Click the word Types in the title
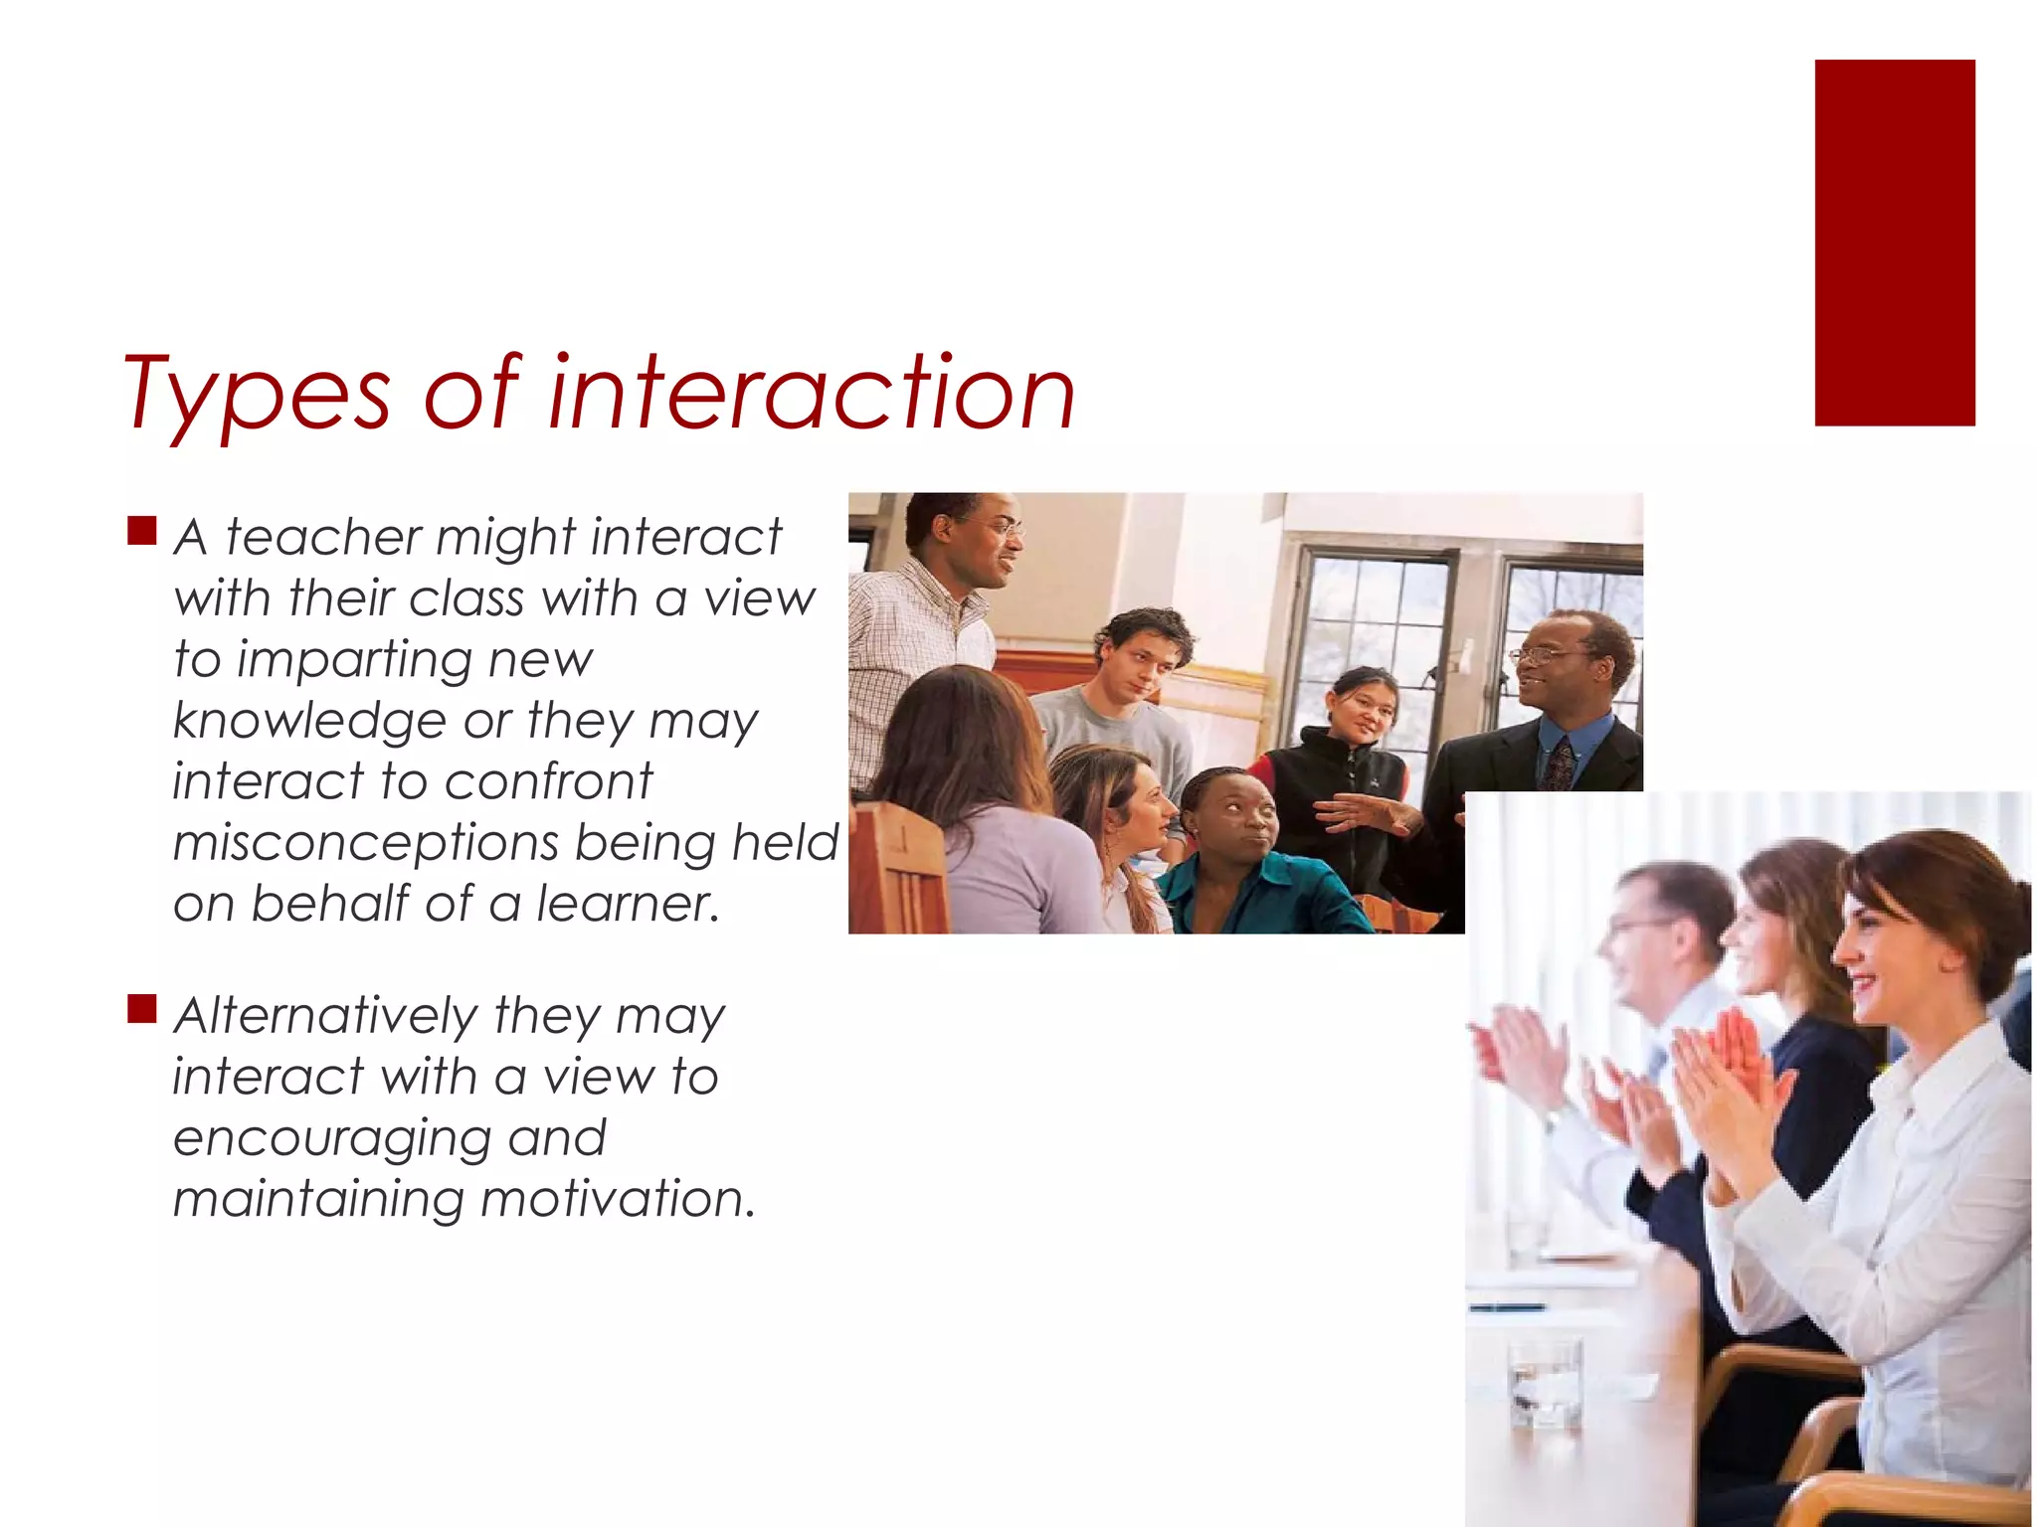point(257,395)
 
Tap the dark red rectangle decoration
point(1894,243)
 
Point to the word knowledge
point(309,721)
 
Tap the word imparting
point(352,660)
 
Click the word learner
point(628,904)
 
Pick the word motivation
point(618,1199)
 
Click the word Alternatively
point(325,1016)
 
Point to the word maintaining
point(318,1199)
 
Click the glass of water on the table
point(1545,1383)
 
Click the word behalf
point(330,904)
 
